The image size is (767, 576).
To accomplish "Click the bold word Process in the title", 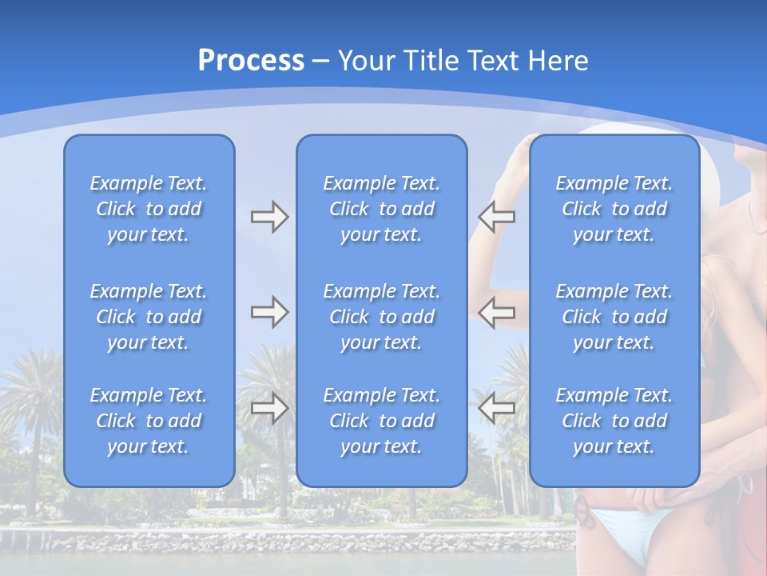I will coord(251,61).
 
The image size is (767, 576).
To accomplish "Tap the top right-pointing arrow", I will coord(269,217).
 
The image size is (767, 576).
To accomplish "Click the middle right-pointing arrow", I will coord(269,312).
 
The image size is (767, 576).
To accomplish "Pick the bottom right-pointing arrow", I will coord(269,408).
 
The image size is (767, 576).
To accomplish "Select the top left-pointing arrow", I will coord(496,217).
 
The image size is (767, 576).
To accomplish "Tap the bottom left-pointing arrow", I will coord(496,408).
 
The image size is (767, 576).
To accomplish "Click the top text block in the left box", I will coord(149,209).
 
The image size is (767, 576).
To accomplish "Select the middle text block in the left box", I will coord(149,317).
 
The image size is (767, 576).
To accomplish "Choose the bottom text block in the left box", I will coord(149,421).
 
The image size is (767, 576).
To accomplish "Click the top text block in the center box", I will coord(381,209).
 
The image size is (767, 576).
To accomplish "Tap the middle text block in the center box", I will coord(381,317).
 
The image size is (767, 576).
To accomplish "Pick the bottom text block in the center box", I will coord(381,421).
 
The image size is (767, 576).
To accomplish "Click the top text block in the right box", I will coord(614,209).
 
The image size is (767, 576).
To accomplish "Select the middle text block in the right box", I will coord(614,317).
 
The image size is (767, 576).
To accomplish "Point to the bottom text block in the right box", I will coord(614,421).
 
